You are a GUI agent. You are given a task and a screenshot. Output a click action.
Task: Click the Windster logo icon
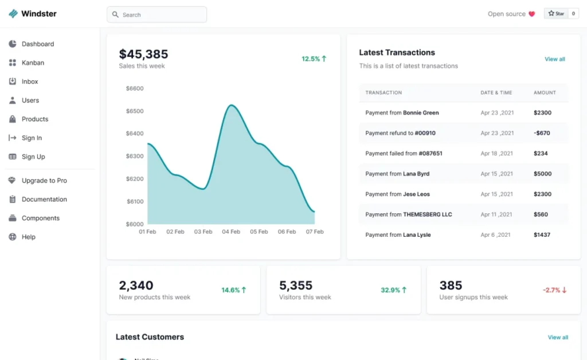pyautogui.click(x=13, y=14)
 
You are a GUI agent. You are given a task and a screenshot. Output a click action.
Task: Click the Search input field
pyautogui.click(x=156, y=15)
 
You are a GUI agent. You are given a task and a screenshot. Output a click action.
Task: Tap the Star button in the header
pyautogui.click(x=556, y=14)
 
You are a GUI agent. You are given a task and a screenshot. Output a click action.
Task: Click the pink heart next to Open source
pyautogui.click(x=531, y=14)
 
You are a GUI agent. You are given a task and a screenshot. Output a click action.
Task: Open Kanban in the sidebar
pyautogui.click(x=33, y=63)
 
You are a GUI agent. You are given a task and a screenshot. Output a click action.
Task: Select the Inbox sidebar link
pyautogui.click(x=30, y=82)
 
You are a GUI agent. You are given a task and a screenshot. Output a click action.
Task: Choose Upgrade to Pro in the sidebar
pyautogui.click(x=44, y=181)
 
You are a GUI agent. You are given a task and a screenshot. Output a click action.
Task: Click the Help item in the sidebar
pyautogui.click(x=28, y=237)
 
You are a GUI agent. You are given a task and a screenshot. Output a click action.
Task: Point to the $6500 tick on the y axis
pyautogui.click(x=135, y=111)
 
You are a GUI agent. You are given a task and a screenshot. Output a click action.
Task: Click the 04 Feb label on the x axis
pyautogui.click(x=231, y=232)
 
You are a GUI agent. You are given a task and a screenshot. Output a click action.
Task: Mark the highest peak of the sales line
pyautogui.click(x=231, y=105)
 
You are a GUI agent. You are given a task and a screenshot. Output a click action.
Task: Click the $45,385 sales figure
pyautogui.click(x=143, y=54)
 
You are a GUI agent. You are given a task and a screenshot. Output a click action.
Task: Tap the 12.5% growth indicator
pyautogui.click(x=314, y=59)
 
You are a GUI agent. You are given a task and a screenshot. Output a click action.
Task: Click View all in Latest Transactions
pyautogui.click(x=554, y=60)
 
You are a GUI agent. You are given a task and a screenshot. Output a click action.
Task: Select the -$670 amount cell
pyautogui.click(x=542, y=134)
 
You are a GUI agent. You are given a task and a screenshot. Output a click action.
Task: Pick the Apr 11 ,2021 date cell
pyautogui.click(x=496, y=215)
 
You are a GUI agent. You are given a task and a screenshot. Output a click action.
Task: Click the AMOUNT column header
pyautogui.click(x=545, y=93)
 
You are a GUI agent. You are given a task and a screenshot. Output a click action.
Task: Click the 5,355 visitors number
pyautogui.click(x=295, y=285)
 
